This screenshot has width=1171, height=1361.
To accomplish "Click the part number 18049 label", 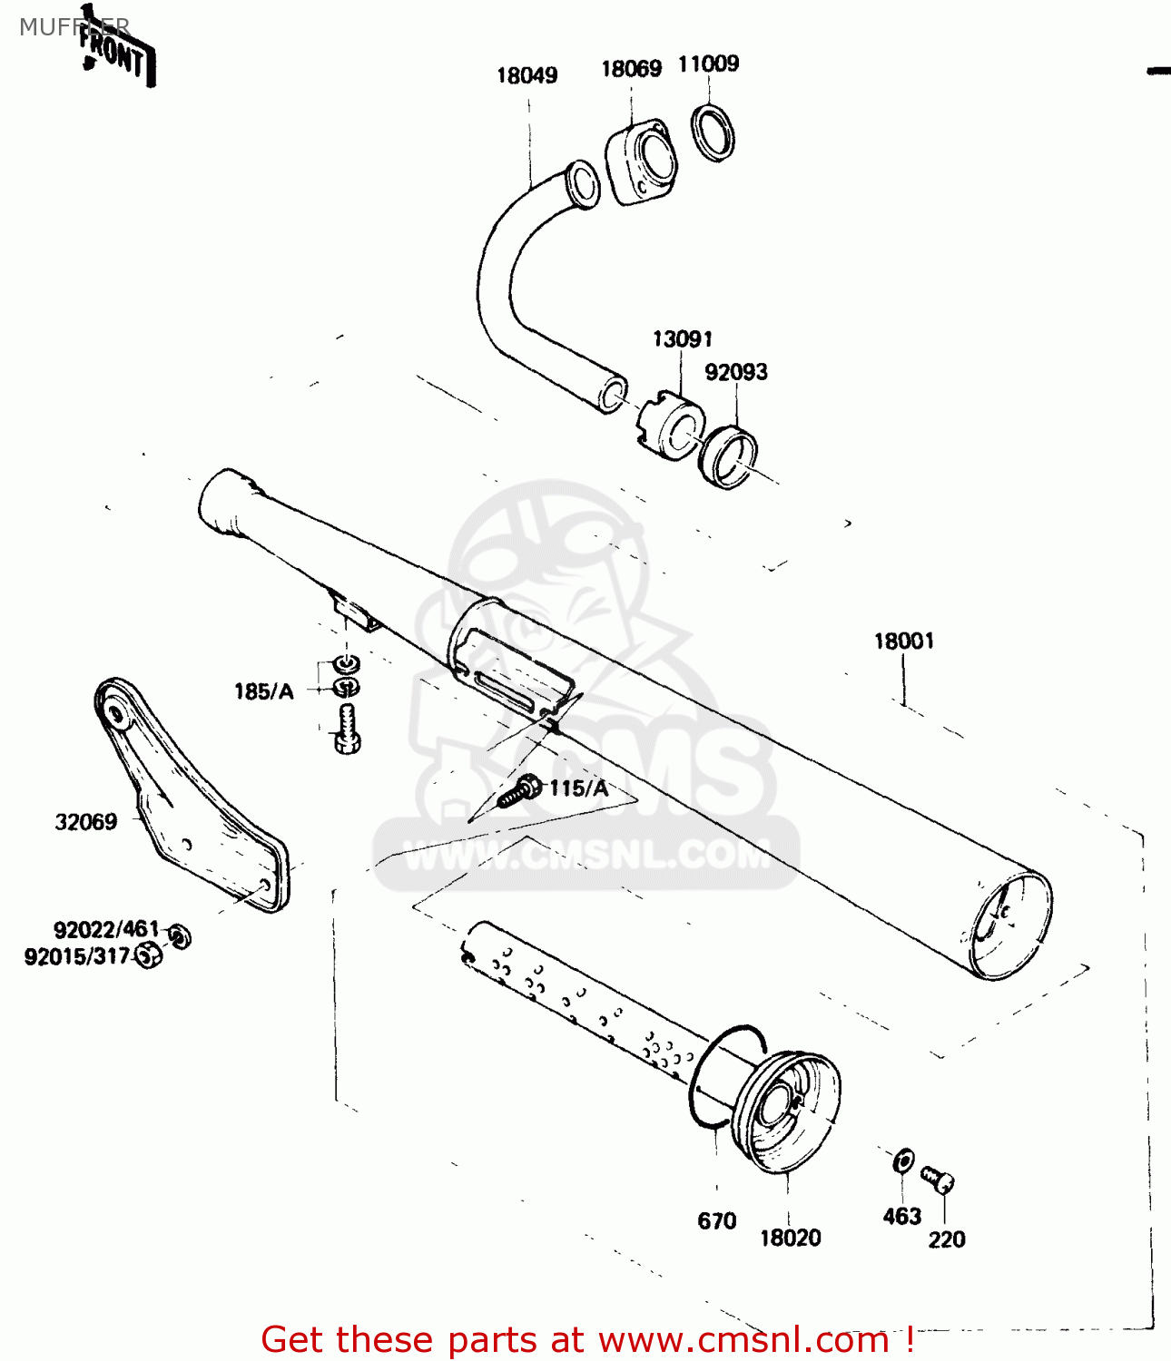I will click(526, 75).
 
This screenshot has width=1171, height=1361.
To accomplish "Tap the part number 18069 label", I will click(631, 69).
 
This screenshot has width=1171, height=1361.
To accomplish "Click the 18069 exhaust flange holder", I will click(643, 164).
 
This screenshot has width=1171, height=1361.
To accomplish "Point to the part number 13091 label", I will click(683, 339).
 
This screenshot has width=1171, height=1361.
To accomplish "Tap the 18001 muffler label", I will click(903, 641).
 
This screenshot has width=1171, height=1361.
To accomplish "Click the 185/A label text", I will click(264, 691).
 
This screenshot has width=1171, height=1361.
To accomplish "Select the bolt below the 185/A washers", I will click(348, 729).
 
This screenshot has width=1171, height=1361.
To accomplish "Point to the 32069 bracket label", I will click(86, 822).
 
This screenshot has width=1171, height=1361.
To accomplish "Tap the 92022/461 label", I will click(106, 930).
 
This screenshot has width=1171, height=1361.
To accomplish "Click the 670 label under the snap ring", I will click(716, 1221).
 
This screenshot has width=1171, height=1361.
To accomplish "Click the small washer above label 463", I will click(903, 1160).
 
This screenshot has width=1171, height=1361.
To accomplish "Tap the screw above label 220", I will click(938, 1180).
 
